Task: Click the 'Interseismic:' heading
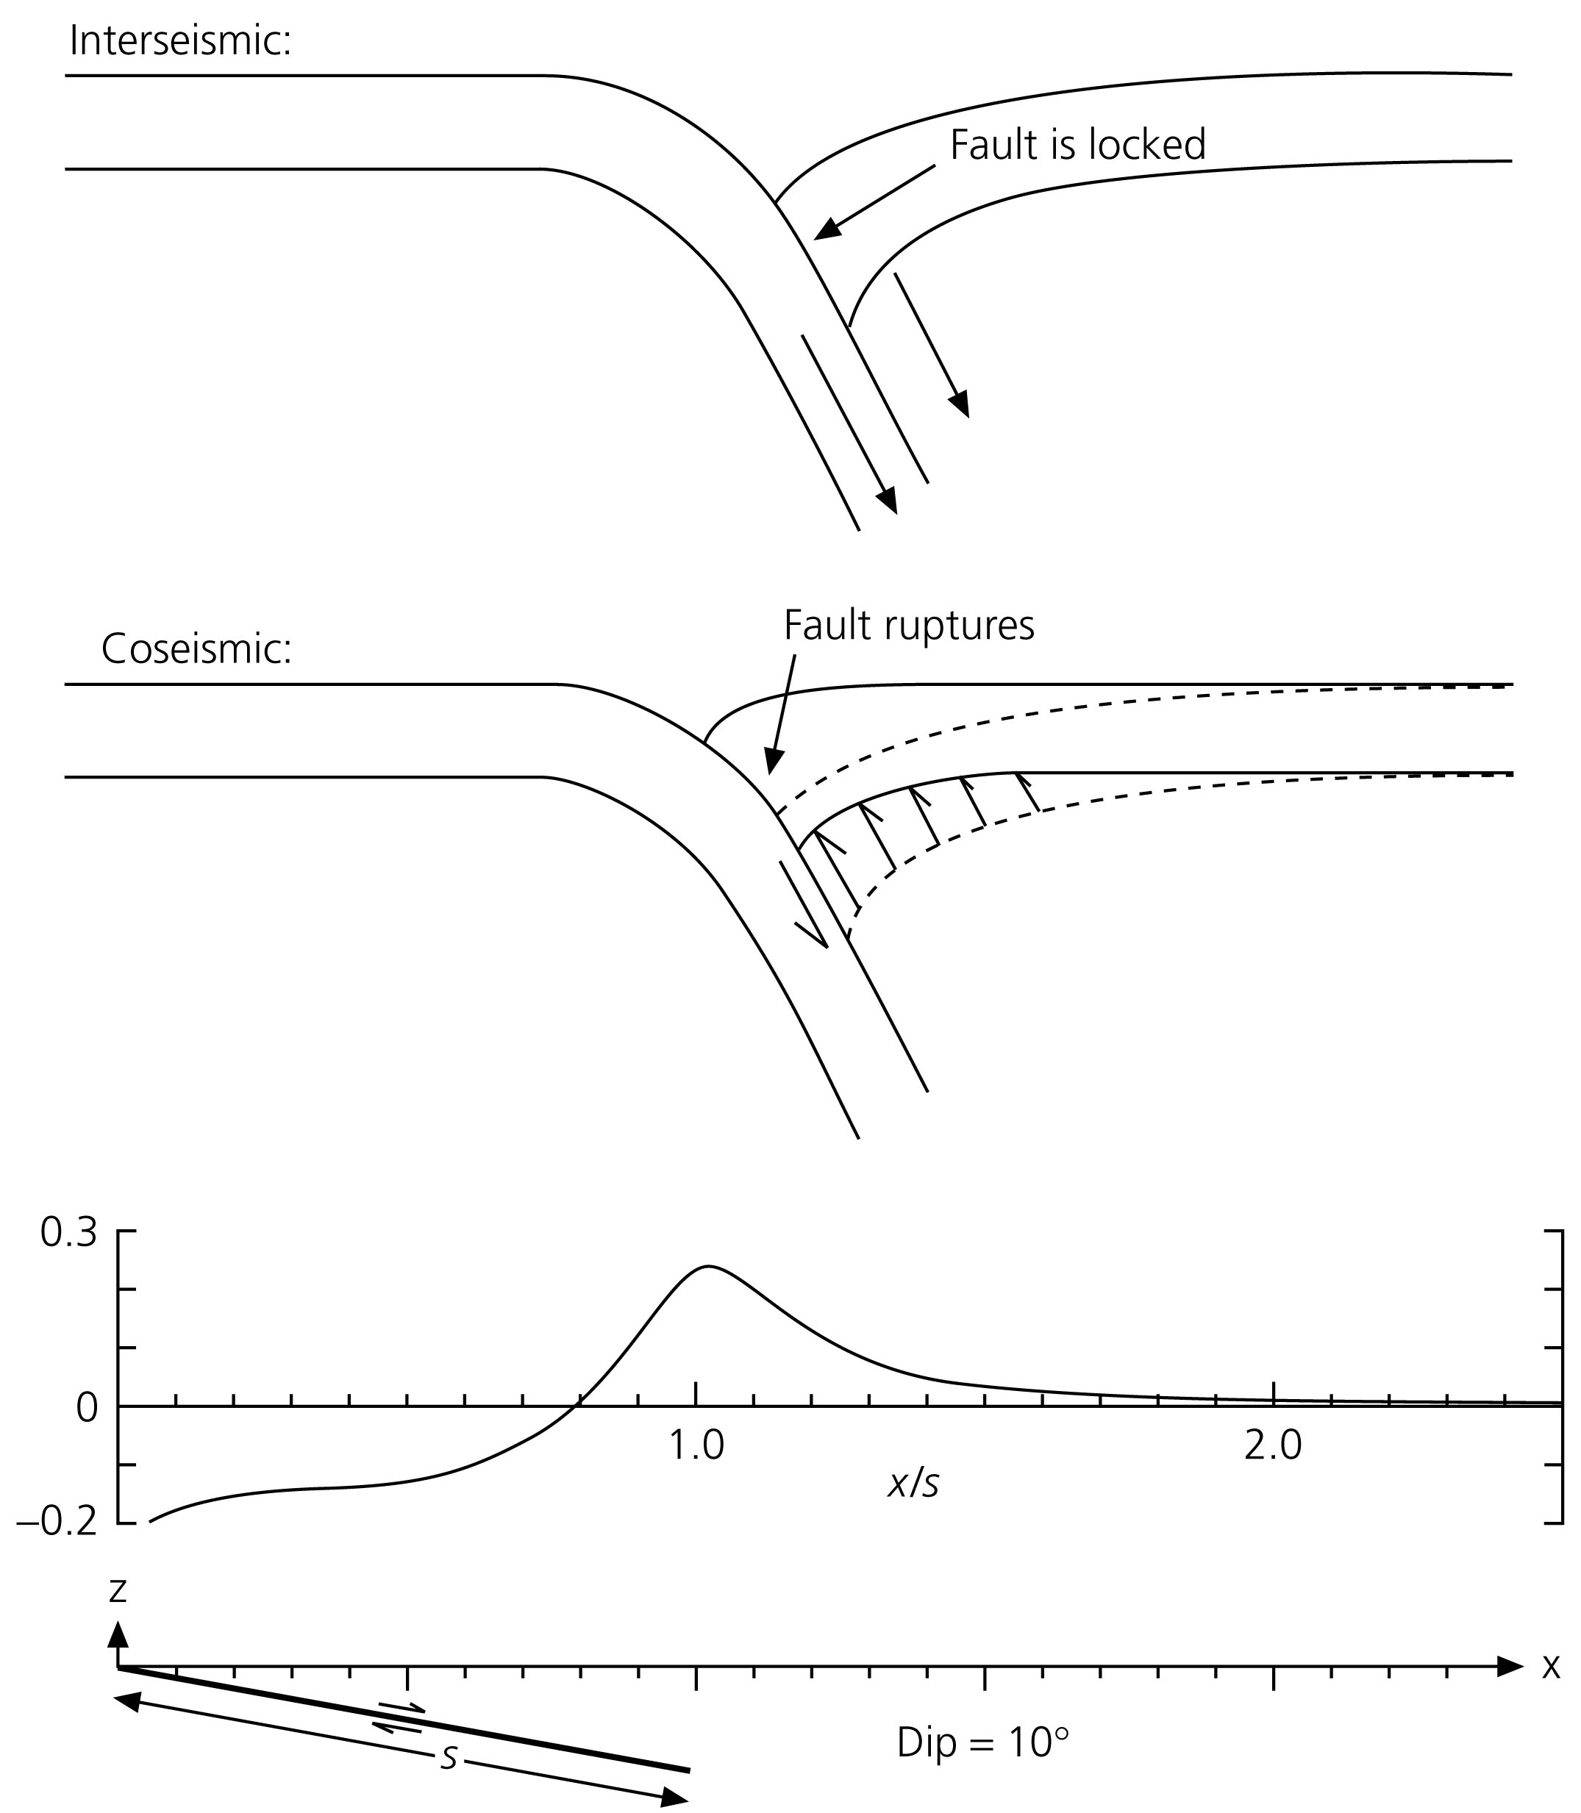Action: pos(180,40)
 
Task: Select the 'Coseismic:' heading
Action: pos(196,649)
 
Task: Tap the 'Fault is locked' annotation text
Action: pos(1077,145)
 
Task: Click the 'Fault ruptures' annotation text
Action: pos(909,626)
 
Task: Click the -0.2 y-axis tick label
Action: pos(57,1525)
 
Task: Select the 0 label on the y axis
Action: pos(87,1409)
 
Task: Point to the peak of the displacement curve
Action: pos(707,1267)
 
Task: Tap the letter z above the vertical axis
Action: pos(118,1589)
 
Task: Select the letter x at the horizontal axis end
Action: pos(1550,1667)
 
